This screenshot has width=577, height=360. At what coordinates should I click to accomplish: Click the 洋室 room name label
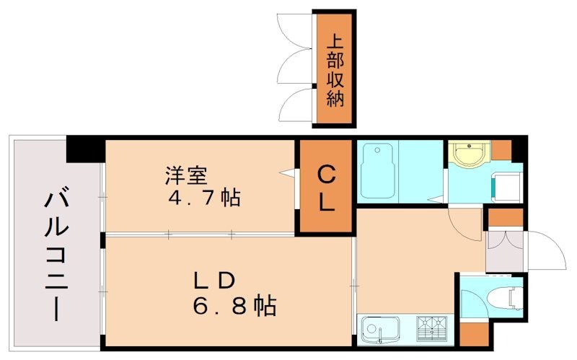(x=186, y=175)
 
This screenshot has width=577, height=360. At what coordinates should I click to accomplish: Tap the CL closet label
(x=327, y=188)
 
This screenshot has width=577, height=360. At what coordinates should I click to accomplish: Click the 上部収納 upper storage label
(x=335, y=69)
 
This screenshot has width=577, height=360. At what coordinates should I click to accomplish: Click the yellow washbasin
(x=466, y=153)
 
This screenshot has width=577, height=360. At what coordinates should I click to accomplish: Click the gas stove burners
(x=434, y=330)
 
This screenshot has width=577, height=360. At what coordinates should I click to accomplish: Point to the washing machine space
(x=506, y=186)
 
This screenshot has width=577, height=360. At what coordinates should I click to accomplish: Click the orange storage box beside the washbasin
(x=501, y=149)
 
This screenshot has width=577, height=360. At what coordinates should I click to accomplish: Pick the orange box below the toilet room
(x=473, y=333)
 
